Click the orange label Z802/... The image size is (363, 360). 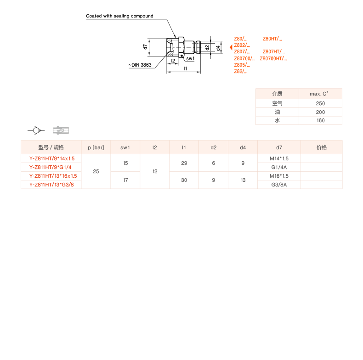pos(242,45)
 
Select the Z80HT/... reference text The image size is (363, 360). pos(272,39)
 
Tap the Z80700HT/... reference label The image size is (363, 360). pos(273,58)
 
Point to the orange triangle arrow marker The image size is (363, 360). pos(231,47)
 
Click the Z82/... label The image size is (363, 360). pos(241,71)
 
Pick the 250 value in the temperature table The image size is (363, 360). pos(320,103)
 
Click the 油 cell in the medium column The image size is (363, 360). pos(277,112)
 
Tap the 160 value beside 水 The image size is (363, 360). pos(320,120)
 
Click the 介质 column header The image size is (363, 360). pos(277,94)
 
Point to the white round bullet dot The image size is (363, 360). pos(36,130)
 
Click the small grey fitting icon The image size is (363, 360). pos(61,130)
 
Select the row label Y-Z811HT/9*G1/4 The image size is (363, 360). pos(51,167)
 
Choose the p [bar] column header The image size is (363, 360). pos(96,147)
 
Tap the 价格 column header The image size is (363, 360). pos(322,147)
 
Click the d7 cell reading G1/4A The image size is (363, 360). pos(279,167)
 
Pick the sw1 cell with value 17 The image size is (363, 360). pos(125,180)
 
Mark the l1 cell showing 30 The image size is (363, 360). pos(184,180)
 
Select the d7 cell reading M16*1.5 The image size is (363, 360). pos(279,176)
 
